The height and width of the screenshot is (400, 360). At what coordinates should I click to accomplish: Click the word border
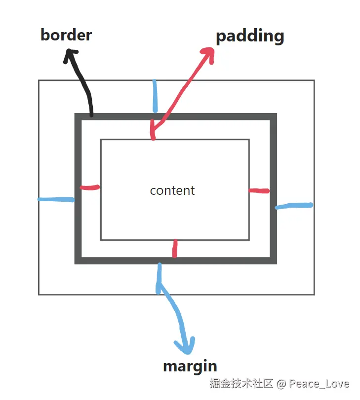(x=66, y=36)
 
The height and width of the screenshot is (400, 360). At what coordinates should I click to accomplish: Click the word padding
(x=250, y=36)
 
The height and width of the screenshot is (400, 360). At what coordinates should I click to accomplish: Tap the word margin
(x=190, y=366)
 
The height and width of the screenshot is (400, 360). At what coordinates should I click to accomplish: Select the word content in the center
(x=172, y=190)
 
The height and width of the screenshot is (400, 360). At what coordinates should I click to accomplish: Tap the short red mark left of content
(x=90, y=187)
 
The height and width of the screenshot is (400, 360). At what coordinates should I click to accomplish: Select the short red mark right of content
(x=259, y=190)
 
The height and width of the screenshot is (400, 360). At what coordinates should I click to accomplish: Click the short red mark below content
(x=174, y=248)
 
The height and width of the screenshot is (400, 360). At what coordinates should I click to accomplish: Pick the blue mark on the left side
(x=56, y=199)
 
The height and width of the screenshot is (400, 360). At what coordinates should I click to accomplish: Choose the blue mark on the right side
(x=294, y=206)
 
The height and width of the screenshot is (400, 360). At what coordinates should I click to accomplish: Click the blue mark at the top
(x=155, y=96)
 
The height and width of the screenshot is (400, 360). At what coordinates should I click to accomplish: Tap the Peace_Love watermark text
(x=319, y=384)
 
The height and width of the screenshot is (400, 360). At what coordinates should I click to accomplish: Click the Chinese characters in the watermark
(x=241, y=384)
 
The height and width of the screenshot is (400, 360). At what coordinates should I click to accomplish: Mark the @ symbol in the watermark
(x=281, y=384)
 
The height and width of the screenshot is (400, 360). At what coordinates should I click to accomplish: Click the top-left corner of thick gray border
(x=78, y=116)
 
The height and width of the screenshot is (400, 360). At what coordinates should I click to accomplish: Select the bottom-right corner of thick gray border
(x=274, y=261)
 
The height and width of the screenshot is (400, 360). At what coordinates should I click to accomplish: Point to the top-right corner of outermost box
(x=314, y=80)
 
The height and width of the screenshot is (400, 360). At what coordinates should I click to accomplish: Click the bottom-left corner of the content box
(x=101, y=240)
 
